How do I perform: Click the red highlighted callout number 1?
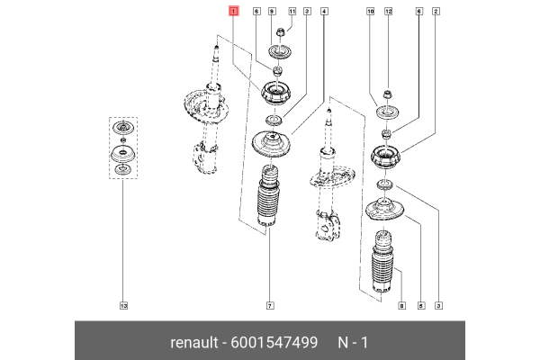coord(234,12)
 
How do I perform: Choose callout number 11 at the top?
coord(292,12)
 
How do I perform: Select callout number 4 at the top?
coord(324,12)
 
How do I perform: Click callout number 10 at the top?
coord(370,12)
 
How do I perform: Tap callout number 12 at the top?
coord(389,12)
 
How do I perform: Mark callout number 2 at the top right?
coord(436,12)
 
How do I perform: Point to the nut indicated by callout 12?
coord(385,93)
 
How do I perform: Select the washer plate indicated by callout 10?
coord(387,112)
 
